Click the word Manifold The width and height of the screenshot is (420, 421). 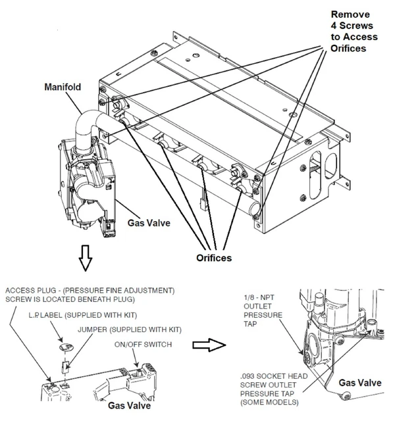63,86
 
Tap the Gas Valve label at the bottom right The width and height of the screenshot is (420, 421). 359,382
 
